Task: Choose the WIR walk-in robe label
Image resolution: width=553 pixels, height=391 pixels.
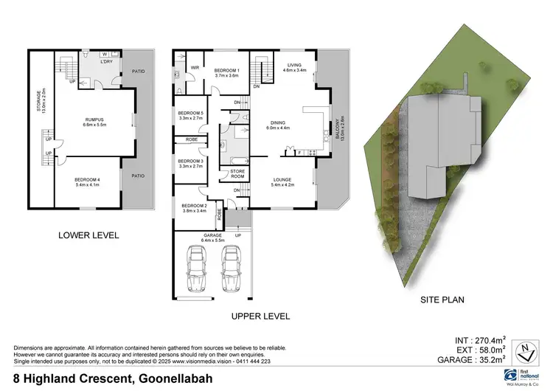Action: click(195, 67)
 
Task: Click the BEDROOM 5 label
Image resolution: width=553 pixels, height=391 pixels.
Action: click(191, 114)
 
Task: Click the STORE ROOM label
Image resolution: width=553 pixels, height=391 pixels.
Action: click(237, 174)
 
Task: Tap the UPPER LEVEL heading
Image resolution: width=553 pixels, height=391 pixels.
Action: click(260, 316)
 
